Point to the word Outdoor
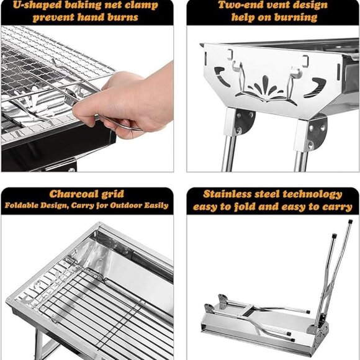[126, 205]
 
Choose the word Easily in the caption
[156, 205]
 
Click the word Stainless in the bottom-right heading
[228, 194]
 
